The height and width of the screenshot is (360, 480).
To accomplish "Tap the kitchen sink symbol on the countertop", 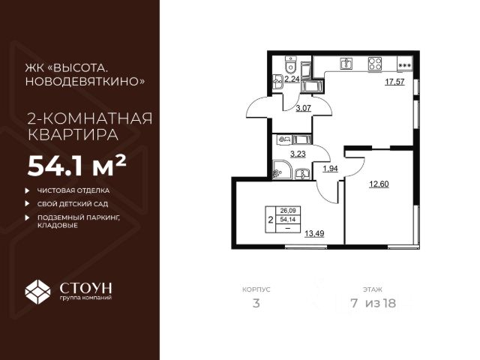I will tap(346, 63).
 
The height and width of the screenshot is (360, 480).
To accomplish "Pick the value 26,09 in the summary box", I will tap(287, 211).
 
